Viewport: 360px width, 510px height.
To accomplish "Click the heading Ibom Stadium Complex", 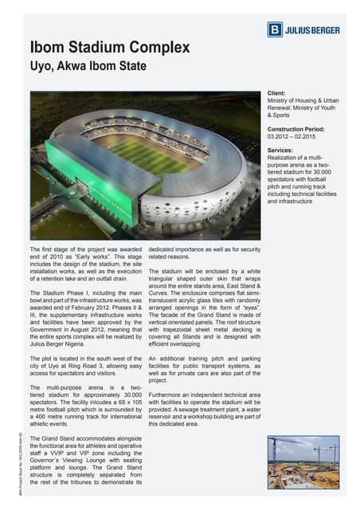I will click(x=109, y=48).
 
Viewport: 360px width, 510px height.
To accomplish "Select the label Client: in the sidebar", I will click(x=279, y=94).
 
